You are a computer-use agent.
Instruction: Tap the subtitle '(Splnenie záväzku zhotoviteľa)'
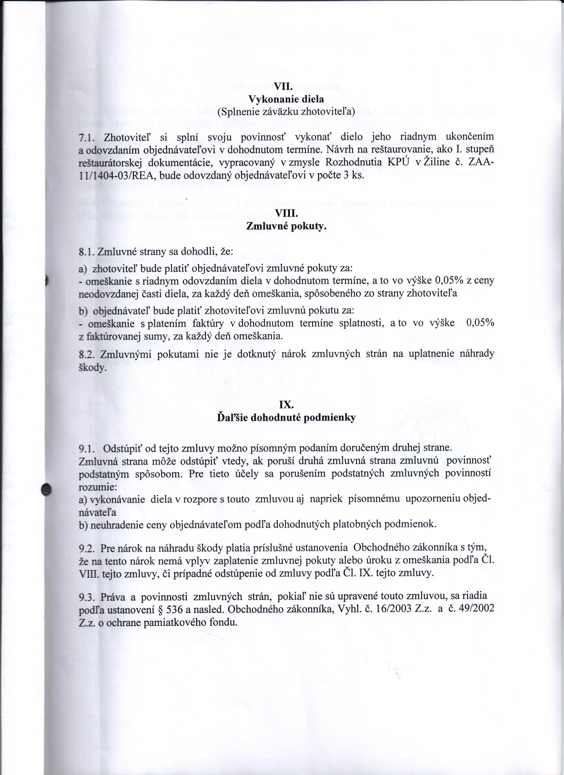tap(286, 111)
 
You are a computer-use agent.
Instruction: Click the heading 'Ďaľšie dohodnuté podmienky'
tap(286, 418)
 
